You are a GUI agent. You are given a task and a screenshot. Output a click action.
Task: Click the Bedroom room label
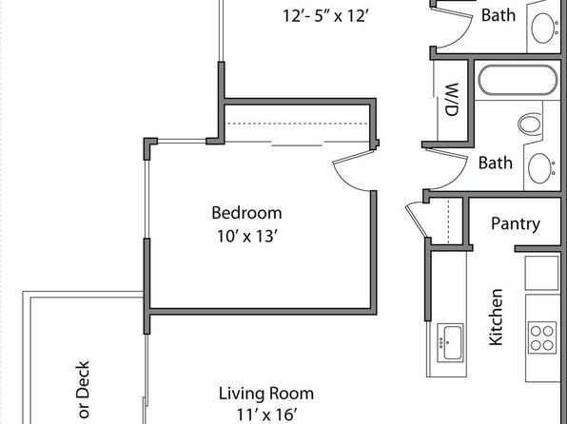coord(246,213)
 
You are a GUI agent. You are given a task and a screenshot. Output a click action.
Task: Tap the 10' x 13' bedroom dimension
coord(247,237)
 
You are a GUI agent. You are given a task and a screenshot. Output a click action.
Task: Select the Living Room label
coord(266,394)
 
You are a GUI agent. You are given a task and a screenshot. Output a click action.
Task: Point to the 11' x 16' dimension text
coord(267,414)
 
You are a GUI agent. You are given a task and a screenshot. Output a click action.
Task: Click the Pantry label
coord(516,223)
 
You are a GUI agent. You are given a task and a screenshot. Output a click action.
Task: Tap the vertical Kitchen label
coord(496,317)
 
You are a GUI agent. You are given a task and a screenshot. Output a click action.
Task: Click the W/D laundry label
coord(452,99)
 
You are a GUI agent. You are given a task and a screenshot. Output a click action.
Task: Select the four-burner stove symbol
coord(542,337)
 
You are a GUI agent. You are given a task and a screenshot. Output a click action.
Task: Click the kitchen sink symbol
coord(450,342)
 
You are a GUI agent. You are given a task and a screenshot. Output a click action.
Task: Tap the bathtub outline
coord(518,80)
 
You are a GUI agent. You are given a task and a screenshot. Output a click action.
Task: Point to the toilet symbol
coord(531,124)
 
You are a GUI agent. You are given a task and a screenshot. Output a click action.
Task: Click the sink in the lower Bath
coord(541,168)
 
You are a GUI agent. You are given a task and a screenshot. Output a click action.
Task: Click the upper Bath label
coord(499,15)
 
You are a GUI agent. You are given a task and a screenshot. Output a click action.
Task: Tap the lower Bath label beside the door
coord(496,163)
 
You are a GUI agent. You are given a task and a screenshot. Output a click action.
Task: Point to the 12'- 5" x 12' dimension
coord(325,16)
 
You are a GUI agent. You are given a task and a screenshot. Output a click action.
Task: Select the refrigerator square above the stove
coord(541,273)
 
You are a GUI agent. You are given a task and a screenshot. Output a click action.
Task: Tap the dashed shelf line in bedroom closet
coord(297,124)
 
